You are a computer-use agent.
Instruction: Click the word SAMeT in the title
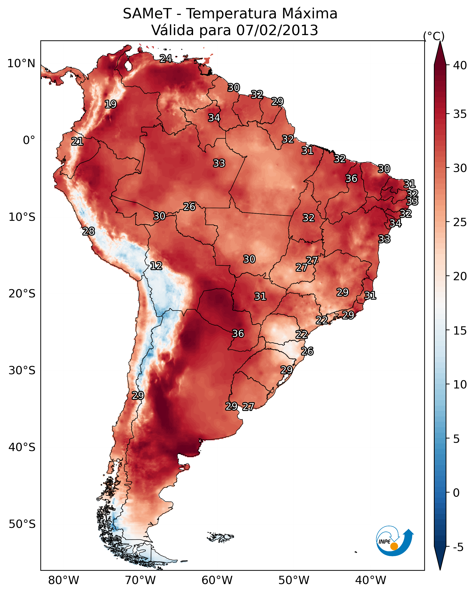click(147, 14)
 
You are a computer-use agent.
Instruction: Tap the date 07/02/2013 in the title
click(277, 30)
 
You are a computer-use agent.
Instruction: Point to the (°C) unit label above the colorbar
click(434, 36)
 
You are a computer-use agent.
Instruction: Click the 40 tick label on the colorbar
click(460, 65)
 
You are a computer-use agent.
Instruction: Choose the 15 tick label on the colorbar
click(460, 331)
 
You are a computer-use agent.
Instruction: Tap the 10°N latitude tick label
click(21, 64)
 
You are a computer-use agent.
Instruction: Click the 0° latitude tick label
click(29, 140)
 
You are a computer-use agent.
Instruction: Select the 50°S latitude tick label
click(22, 524)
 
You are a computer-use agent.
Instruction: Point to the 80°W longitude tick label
click(64, 580)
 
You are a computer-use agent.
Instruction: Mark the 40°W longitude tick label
click(371, 580)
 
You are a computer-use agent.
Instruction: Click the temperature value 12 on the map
click(156, 266)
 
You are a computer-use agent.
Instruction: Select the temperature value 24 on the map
click(166, 58)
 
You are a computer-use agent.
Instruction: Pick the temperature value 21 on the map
click(77, 142)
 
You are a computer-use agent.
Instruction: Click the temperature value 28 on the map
click(89, 232)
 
